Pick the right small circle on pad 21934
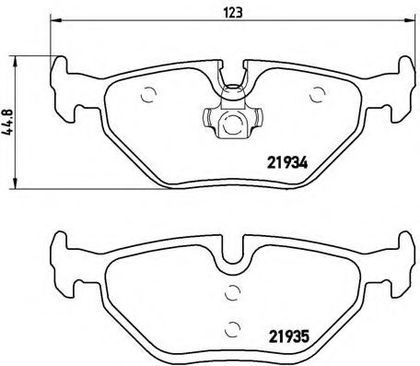319,92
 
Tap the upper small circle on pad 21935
232,293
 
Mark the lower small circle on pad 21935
233,325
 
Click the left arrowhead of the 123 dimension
54,29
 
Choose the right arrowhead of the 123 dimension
407,29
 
